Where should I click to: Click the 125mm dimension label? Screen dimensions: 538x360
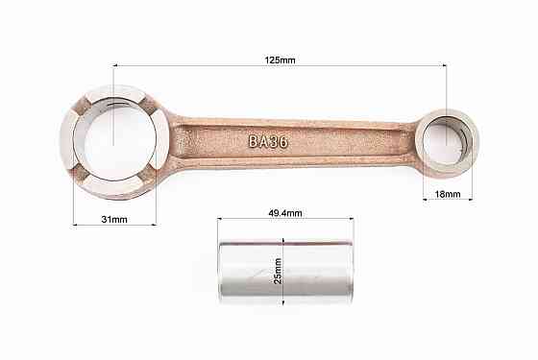[x=280, y=60]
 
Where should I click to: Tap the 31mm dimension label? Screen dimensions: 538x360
[x=114, y=220]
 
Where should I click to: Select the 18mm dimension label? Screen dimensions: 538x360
[x=448, y=194]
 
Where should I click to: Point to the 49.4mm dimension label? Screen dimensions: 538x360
[x=285, y=213]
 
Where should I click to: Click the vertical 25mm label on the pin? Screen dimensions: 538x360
[x=278, y=271]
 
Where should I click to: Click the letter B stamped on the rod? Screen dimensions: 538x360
[x=253, y=141]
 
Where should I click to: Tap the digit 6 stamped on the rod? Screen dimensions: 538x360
[x=283, y=142]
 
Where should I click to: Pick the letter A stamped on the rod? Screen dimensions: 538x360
[x=263, y=142]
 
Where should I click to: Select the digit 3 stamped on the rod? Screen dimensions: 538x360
[x=274, y=142]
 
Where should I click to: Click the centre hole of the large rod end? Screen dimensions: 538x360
[x=115, y=140]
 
